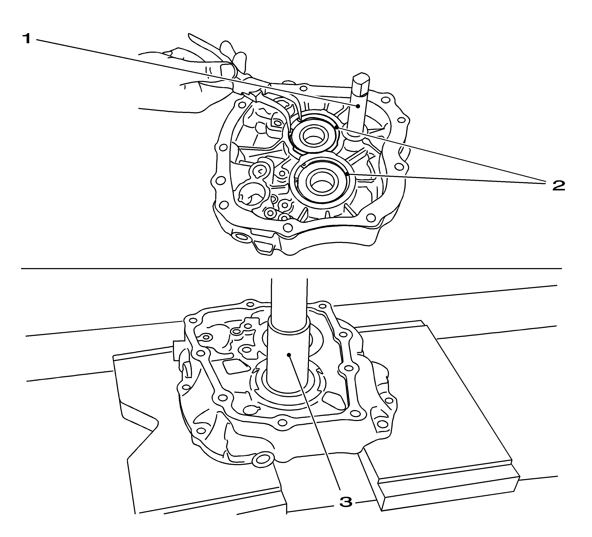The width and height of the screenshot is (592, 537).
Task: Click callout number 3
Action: pos(346,502)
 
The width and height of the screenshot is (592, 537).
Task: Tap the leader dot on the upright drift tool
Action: pos(358,106)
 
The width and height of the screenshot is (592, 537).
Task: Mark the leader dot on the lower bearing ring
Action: pos(347,174)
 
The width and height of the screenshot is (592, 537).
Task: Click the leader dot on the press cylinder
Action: pos(289,355)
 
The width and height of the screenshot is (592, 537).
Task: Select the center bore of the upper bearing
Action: pos(313,137)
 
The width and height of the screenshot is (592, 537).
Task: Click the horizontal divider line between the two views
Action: pos(291,268)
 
